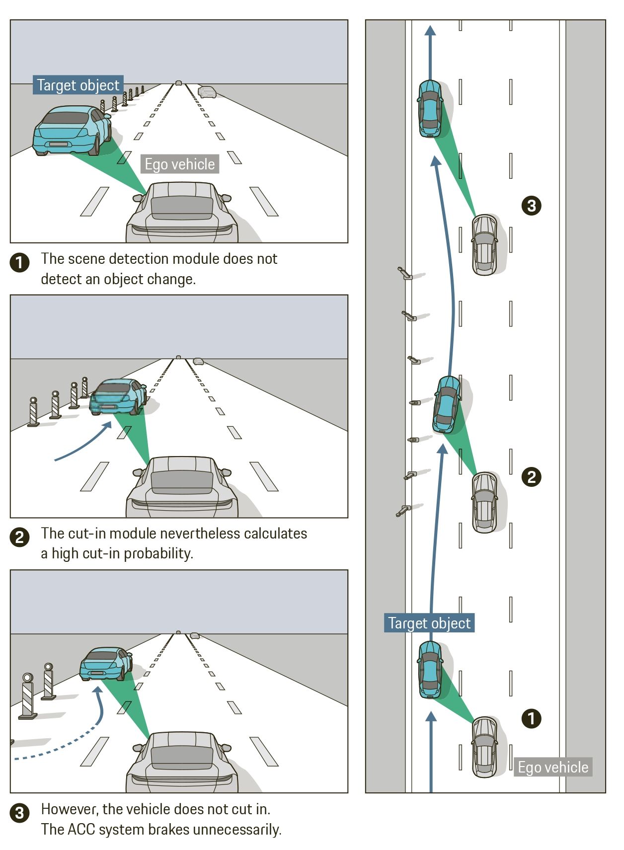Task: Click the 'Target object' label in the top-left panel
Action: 78,85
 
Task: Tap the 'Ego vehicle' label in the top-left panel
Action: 179,164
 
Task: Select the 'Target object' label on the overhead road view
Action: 429,623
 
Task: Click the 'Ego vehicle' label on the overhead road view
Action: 552,767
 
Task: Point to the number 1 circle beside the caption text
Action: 19,262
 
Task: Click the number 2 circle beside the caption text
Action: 19,537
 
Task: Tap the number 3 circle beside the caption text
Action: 19,813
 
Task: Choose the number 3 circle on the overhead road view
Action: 531,205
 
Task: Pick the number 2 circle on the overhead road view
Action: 531,477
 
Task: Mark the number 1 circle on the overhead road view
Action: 531,718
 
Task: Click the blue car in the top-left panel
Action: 72,130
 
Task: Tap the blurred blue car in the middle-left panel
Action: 118,396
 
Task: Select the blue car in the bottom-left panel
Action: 105,663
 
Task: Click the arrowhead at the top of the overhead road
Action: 430,30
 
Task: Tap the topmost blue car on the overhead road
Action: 430,108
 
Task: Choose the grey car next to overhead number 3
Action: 484,244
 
